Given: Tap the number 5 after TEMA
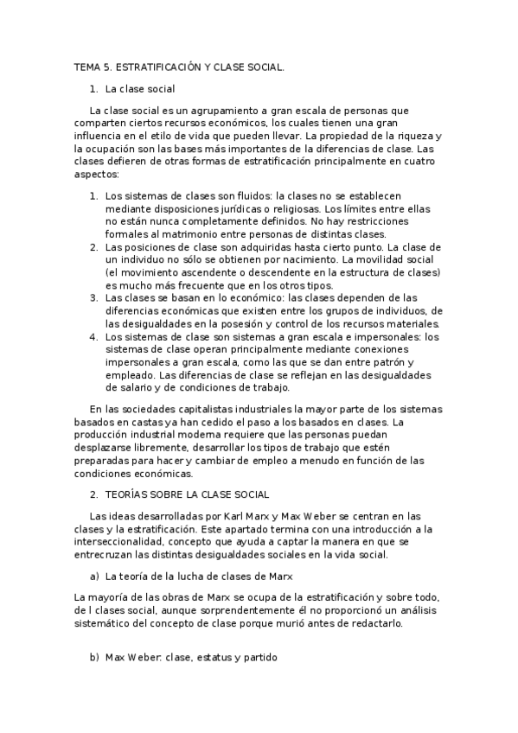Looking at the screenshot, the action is (x=106, y=66).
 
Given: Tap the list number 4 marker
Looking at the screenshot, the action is (x=93, y=337).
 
